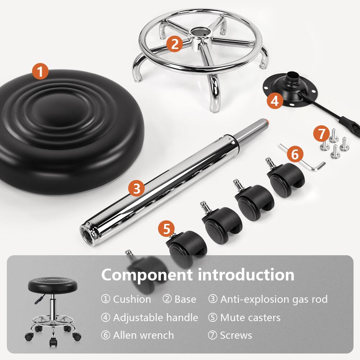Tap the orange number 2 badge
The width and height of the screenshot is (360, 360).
pos(175,44)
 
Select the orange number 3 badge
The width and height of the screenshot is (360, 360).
pos(136,188)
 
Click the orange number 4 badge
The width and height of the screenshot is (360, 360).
pos(275,101)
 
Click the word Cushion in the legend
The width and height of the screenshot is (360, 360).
pos(132,299)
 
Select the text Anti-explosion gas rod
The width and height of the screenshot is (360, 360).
pos(274,299)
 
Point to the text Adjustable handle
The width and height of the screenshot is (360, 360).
pos(155,317)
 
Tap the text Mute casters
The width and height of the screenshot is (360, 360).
pos(250,317)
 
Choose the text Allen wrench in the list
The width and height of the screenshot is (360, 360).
pos(143,335)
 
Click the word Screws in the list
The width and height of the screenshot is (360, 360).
pos(236,335)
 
